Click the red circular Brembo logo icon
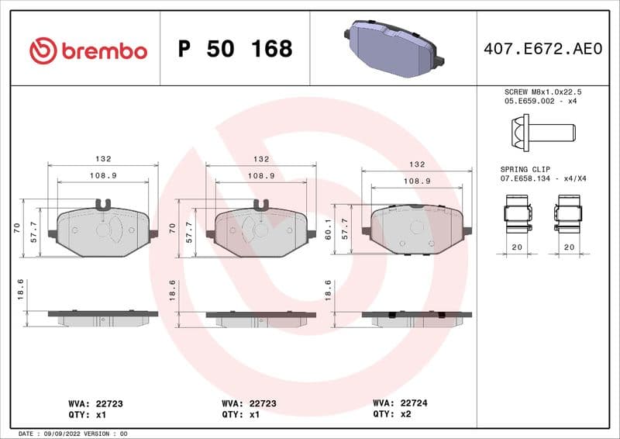coord(43,50)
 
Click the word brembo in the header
coord(103,51)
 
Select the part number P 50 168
coord(235,49)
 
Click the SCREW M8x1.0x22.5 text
coord(542,92)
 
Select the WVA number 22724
coord(419,403)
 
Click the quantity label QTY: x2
coord(399,414)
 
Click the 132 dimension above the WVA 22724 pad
coord(417,164)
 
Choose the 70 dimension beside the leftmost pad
coord(17,227)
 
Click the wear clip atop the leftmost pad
coord(103,205)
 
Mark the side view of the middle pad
coord(261,317)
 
